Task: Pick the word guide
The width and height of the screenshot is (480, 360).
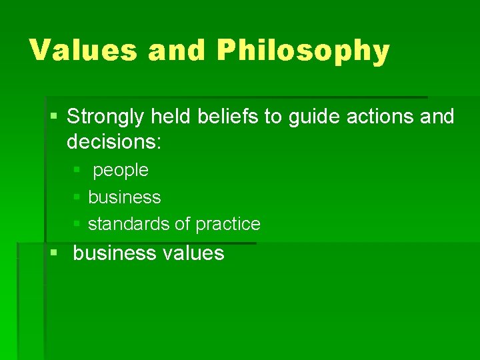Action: pyautogui.click(x=311, y=117)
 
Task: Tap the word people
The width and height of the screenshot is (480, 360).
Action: pyautogui.click(x=121, y=171)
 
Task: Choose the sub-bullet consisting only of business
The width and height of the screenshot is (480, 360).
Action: pyautogui.click(x=124, y=197)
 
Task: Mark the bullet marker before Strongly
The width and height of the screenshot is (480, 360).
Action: pyautogui.click(x=53, y=117)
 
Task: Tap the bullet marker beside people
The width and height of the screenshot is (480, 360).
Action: pyautogui.click(x=77, y=171)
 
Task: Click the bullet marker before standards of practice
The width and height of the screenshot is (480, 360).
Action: pyautogui.click(x=77, y=224)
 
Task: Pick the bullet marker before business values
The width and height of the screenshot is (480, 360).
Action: pyautogui.click(x=53, y=253)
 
